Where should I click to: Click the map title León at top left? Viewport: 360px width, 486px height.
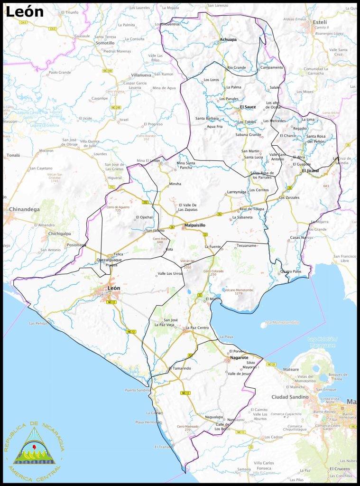click(x=24, y=12)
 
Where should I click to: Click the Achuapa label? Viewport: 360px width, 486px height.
click(x=228, y=39)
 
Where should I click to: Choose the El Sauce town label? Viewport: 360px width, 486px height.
click(x=248, y=107)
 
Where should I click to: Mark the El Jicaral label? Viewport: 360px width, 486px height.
click(x=310, y=170)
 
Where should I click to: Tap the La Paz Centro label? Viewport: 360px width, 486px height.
click(x=197, y=328)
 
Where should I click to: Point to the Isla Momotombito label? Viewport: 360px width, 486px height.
click(x=282, y=322)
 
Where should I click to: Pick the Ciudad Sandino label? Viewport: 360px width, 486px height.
click(x=290, y=397)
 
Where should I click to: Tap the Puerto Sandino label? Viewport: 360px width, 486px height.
click(x=137, y=390)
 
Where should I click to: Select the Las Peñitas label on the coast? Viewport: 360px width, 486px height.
click(x=38, y=324)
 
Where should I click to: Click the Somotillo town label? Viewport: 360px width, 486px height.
click(x=105, y=43)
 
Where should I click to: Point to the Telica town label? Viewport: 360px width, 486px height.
click(x=119, y=254)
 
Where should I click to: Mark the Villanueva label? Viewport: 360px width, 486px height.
click(x=141, y=75)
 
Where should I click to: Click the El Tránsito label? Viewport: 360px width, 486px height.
click(x=164, y=447)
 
